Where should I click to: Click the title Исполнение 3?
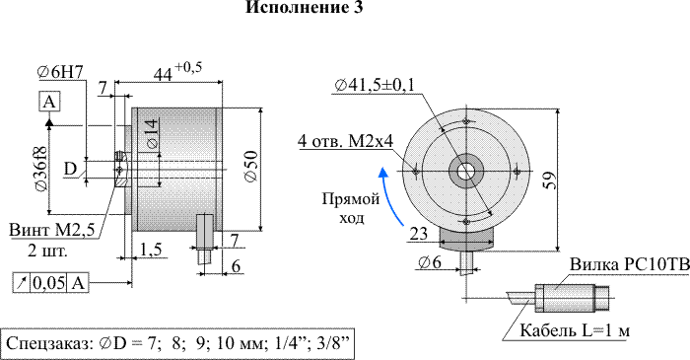pos(304,8)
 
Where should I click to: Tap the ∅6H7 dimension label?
pos(60,72)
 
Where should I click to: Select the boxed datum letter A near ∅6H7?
pos(49,103)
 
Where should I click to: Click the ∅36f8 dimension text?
pos(41,169)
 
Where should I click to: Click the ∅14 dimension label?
pos(151,134)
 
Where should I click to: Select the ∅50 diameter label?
pos(250,167)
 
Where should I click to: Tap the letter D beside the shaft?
pos(70,169)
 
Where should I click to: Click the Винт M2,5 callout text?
pos(52,231)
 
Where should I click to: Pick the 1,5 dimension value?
pos(151,250)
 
